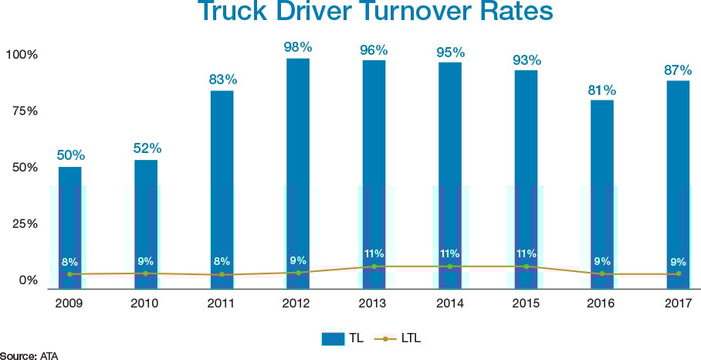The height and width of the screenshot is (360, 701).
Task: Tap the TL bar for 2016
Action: [602, 193]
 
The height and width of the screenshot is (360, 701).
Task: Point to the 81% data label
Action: [602, 89]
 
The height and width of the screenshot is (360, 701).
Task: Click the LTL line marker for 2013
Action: [374, 267]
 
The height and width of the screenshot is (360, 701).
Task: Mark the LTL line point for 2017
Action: [679, 273]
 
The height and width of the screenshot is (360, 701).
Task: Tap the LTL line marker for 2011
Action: [222, 274]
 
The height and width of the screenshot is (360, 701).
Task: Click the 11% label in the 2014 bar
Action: [450, 253]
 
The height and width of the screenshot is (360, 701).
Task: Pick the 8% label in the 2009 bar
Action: [70, 261]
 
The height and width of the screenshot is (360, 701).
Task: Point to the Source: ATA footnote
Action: [29, 355]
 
